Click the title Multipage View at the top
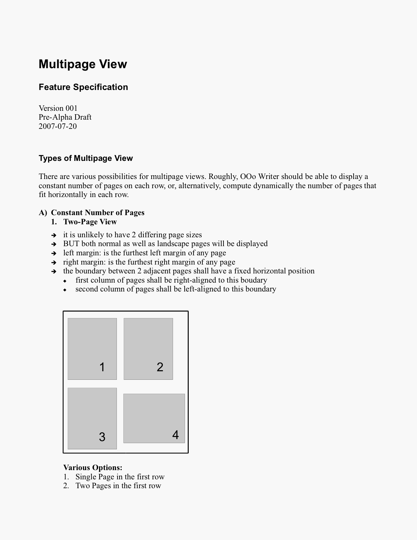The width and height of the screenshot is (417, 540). (83, 64)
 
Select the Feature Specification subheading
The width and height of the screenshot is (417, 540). (83, 87)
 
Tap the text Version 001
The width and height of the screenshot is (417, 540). (58, 108)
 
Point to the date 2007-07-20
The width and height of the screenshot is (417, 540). (58, 126)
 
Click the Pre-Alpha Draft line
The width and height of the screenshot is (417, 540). (65, 117)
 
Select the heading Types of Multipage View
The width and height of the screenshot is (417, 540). (86, 158)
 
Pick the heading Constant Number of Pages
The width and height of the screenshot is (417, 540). (98, 213)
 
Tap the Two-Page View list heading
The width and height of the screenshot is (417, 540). (90, 222)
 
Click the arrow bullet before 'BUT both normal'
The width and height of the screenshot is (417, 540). (53, 244)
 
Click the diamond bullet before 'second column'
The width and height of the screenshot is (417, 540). (65, 290)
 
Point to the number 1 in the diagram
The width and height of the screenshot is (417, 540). (102, 367)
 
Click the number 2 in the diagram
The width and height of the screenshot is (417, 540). (160, 367)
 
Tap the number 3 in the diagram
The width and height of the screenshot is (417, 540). (102, 437)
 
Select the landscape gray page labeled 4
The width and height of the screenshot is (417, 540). (154, 418)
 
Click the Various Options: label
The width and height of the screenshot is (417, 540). (93, 468)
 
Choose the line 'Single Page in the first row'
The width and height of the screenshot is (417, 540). (120, 477)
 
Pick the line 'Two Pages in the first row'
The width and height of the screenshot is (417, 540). (118, 486)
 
